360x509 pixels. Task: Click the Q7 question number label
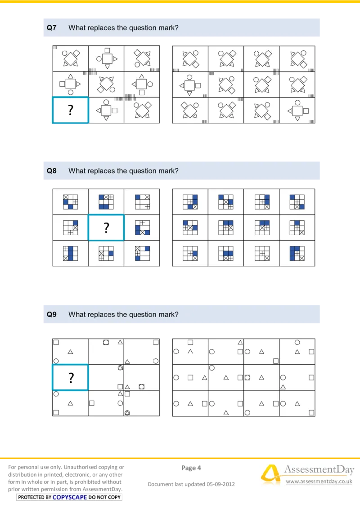(52, 28)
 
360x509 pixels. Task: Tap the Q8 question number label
(52, 171)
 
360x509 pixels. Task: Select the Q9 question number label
(52, 314)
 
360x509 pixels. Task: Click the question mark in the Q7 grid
(71, 110)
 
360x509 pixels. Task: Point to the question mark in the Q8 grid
(106, 228)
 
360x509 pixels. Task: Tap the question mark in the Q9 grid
(71, 378)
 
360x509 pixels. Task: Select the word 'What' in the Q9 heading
(76, 314)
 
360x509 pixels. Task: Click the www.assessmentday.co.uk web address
(319, 482)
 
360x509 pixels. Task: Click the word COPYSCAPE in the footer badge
(70, 497)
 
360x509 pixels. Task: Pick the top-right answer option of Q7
(297, 58)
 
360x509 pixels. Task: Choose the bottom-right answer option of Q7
(297, 110)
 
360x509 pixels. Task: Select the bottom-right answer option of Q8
(297, 254)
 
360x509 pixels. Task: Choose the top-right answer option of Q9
(297, 352)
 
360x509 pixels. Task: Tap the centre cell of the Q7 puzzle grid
(106, 84)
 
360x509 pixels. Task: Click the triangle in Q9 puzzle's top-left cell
(70, 352)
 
